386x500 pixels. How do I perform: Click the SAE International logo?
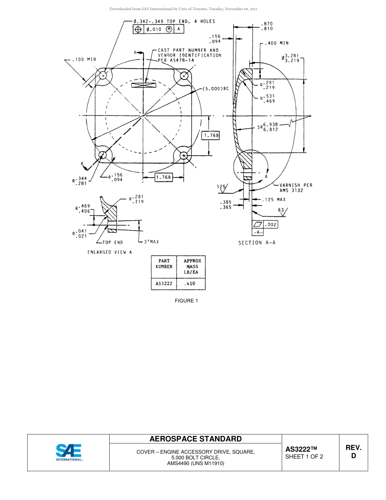[69, 452]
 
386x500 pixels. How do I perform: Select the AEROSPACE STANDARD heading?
[195, 439]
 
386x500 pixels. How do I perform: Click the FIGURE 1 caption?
[186, 301]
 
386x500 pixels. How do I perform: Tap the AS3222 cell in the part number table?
[164, 284]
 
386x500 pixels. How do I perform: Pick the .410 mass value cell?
[190, 284]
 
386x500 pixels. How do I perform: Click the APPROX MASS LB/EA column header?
[192, 267]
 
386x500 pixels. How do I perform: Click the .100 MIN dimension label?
[84, 59]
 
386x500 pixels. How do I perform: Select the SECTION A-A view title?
[257, 243]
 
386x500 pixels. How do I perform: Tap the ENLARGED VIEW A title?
[110, 252]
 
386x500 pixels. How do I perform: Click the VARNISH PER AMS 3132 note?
[296, 187]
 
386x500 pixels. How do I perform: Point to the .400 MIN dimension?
[277, 43]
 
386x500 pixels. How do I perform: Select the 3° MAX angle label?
[151, 242]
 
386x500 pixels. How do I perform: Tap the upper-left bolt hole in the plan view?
[103, 75]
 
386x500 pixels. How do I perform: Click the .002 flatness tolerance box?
[271, 224]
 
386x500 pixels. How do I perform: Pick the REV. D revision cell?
[353, 452]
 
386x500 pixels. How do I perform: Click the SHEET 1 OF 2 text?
[304, 457]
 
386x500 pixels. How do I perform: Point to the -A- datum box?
[258, 232]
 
